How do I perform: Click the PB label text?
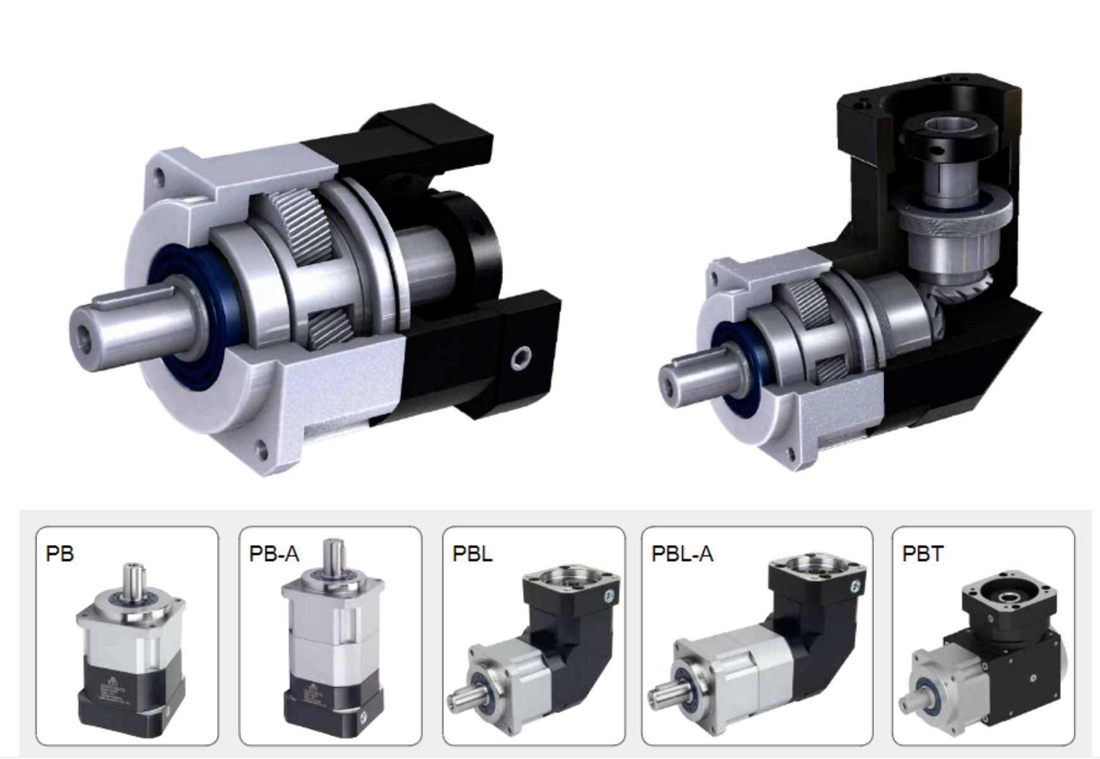60,553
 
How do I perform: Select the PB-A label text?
274,553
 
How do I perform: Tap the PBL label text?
472,553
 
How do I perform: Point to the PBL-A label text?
682,553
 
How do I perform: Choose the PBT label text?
923,553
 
